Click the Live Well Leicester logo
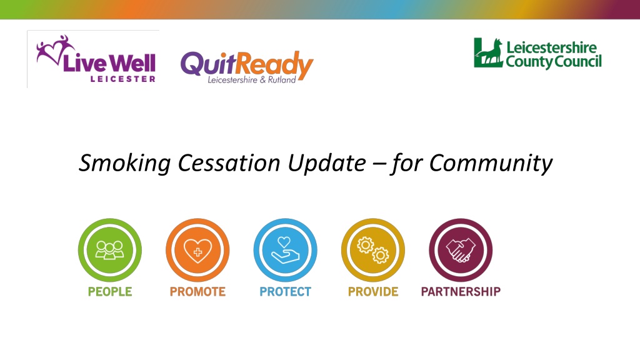click(96, 59)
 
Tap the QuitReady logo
click(246, 67)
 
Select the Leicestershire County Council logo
click(537, 54)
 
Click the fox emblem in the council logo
click(489, 52)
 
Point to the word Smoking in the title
click(124, 163)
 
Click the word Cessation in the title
click(229, 162)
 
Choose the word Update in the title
click(327, 163)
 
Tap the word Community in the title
click(491, 163)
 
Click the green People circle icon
click(110, 250)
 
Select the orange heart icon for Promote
click(197, 250)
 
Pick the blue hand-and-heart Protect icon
click(285, 250)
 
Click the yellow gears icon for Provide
click(373, 250)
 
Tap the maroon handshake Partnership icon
click(461, 250)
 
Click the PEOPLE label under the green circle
click(110, 291)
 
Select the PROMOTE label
click(197, 291)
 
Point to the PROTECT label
click(285, 291)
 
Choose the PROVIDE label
click(373, 291)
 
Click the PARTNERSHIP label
click(461, 291)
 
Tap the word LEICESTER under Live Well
click(123, 79)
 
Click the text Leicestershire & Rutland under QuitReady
click(251, 79)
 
